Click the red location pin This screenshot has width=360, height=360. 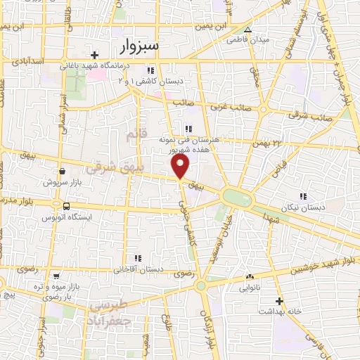click(x=181, y=167)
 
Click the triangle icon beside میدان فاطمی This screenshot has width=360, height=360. click(x=247, y=30)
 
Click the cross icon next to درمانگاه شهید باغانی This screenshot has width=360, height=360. click(x=95, y=55)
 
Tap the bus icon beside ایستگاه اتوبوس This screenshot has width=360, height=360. click(x=66, y=207)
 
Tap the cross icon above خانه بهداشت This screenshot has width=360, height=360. click(x=280, y=300)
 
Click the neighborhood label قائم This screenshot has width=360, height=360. click(x=132, y=132)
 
